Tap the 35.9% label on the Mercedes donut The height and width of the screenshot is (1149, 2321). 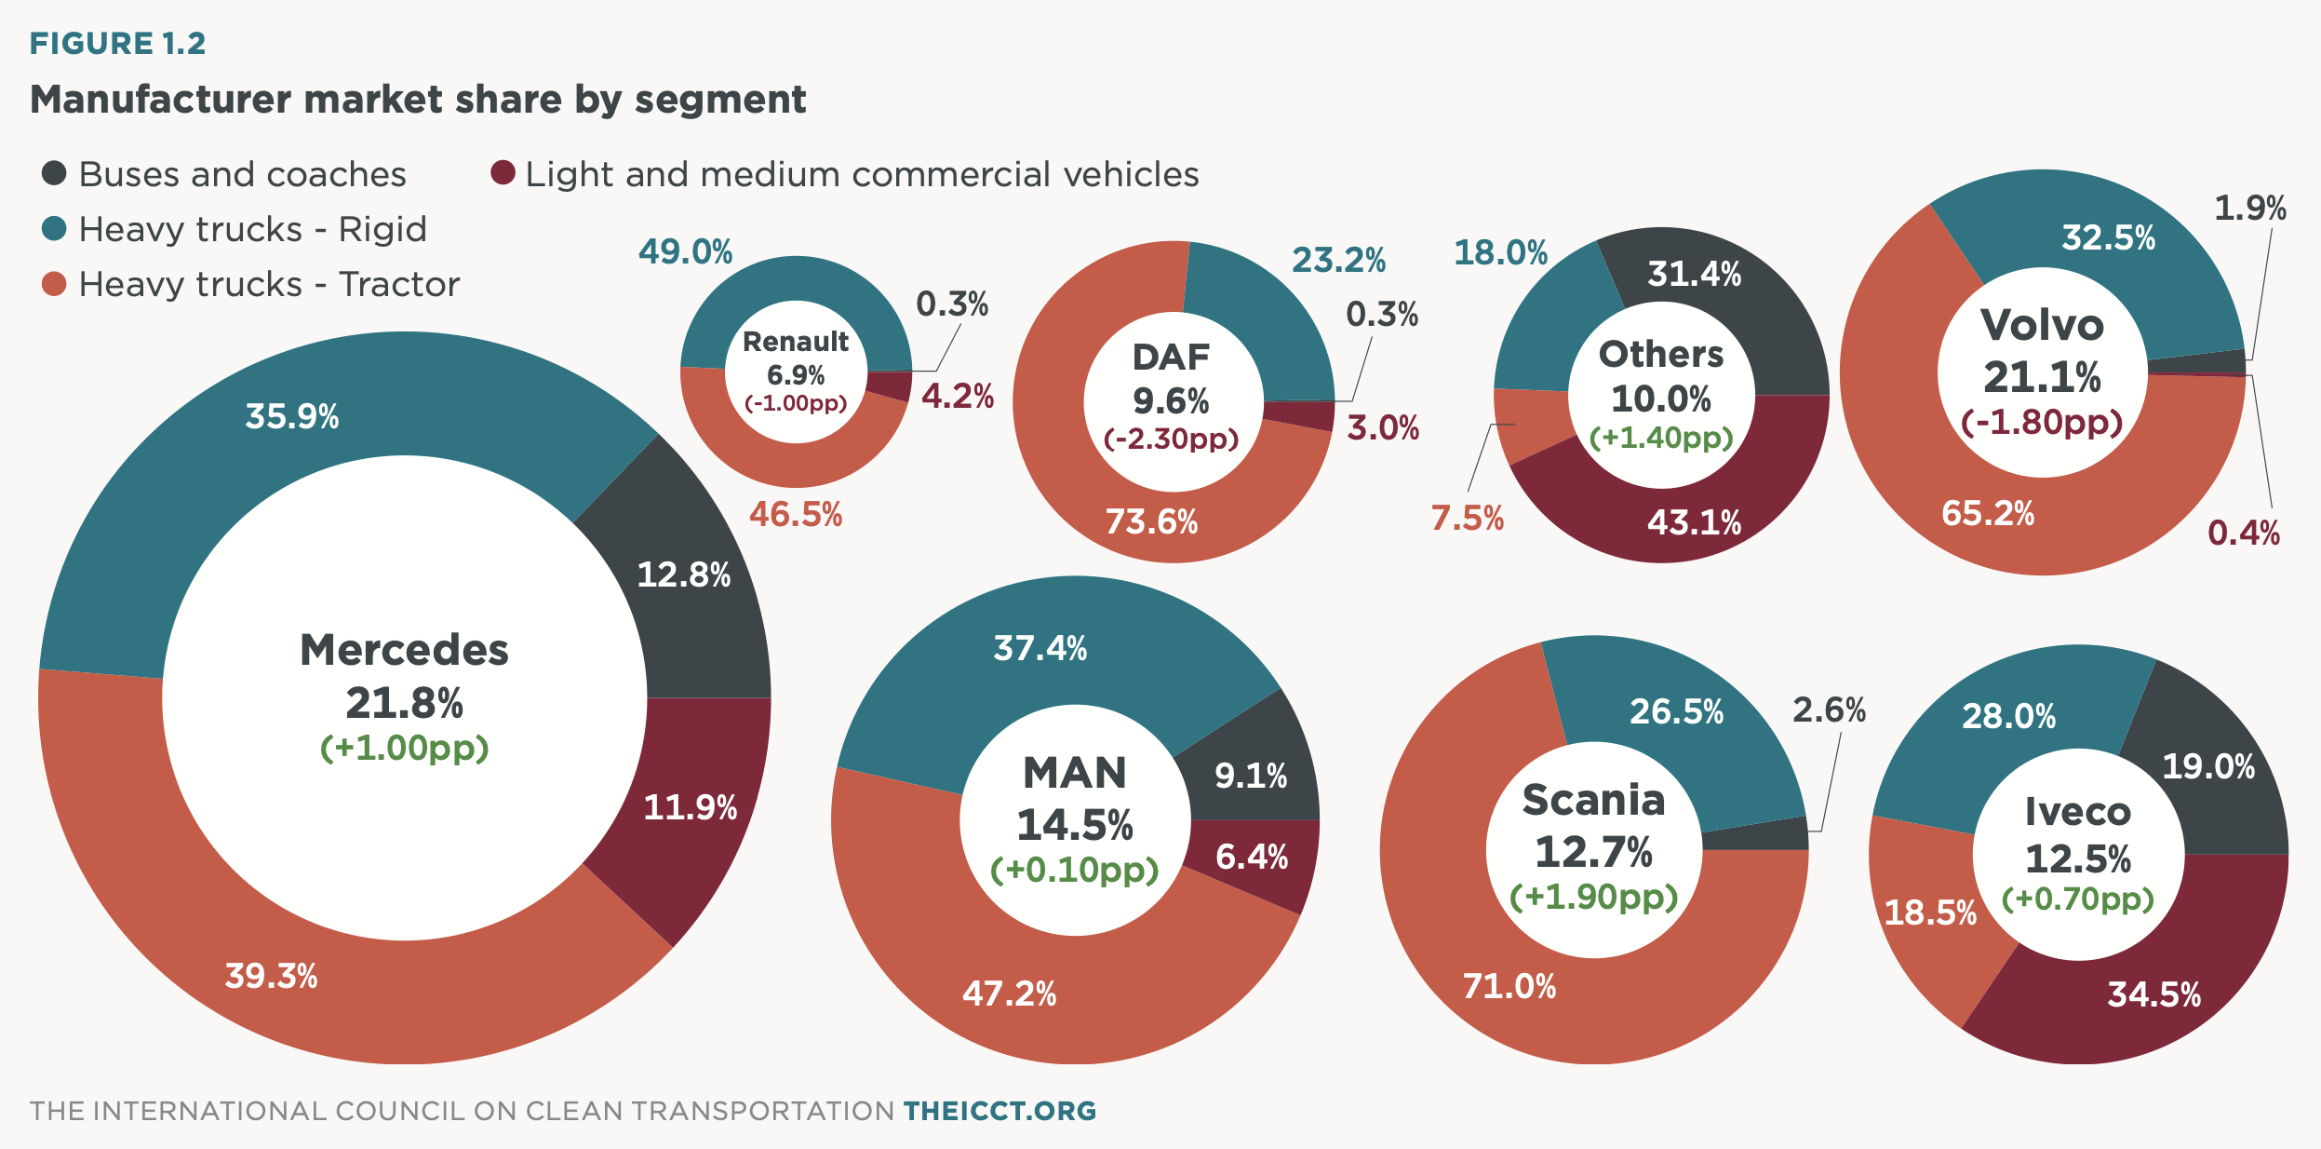pyautogui.click(x=291, y=416)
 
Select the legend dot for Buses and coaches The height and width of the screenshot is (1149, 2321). pyautogui.click(x=54, y=173)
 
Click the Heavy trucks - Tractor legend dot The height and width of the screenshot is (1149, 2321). pyautogui.click(x=54, y=284)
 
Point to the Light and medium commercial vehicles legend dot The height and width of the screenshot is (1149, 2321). pyautogui.click(x=503, y=173)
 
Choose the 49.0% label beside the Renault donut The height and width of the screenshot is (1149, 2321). pyautogui.click(x=685, y=251)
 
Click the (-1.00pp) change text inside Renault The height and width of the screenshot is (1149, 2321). pyautogui.click(x=796, y=403)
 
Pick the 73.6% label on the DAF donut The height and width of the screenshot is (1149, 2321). pyautogui.click(x=1151, y=521)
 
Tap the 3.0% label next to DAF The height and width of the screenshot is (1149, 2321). pyautogui.click(x=1383, y=428)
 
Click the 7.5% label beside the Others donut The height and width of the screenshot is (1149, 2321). pyautogui.click(x=1467, y=518)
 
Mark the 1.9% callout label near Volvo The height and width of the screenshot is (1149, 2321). pyautogui.click(x=2249, y=208)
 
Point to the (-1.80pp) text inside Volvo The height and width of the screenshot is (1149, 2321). pyautogui.click(x=2042, y=422)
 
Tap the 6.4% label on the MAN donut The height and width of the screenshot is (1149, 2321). pyautogui.click(x=1252, y=857)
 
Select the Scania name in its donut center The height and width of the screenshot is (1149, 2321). pyautogui.click(x=1593, y=800)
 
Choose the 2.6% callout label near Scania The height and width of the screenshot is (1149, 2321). pyautogui.click(x=1829, y=710)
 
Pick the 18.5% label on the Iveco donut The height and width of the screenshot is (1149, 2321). pyautogui.click(x=1930, y=912)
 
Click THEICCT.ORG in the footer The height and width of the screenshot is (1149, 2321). pyautogui.click(x=1000, y=1111)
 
